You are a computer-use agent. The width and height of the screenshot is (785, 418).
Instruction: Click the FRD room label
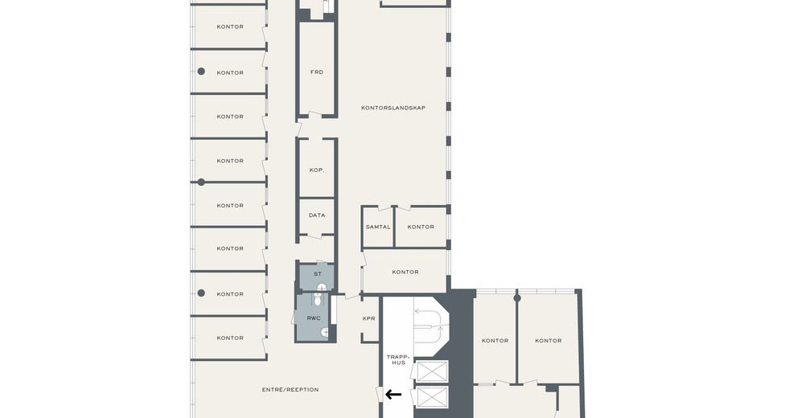point(317,72)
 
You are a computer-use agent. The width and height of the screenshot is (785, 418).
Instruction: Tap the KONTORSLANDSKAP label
point(393,108)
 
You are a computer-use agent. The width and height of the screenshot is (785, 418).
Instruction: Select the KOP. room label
point(317,170)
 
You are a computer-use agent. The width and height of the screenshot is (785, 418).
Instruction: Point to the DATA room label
point(317,215)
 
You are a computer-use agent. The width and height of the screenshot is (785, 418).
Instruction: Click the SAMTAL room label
point(378,227)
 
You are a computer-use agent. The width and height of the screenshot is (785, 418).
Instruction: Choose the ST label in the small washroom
point(318,274)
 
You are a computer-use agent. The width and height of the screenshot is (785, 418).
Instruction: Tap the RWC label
point(314,318)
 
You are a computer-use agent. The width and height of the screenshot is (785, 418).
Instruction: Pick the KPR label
point(369,318)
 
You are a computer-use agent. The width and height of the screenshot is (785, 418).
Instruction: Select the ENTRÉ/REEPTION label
point(290,390)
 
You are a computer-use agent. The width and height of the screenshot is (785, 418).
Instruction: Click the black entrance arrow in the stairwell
point(393,395)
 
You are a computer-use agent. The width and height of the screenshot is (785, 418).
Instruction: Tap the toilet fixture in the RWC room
point(318,299)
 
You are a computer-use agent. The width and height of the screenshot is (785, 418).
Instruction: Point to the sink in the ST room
point(322,287)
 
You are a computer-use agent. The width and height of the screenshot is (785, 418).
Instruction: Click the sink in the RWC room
point(324,331)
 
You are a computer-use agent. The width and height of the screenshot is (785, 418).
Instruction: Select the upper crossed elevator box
point(432,371)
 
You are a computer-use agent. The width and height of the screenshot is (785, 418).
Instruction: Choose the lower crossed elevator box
point(432,398)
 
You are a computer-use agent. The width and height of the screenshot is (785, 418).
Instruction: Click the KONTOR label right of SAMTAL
point(421,227)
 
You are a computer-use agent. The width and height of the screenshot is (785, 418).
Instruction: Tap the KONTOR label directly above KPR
point(405,272)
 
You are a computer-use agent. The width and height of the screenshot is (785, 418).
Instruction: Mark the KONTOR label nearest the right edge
point(549,340)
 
